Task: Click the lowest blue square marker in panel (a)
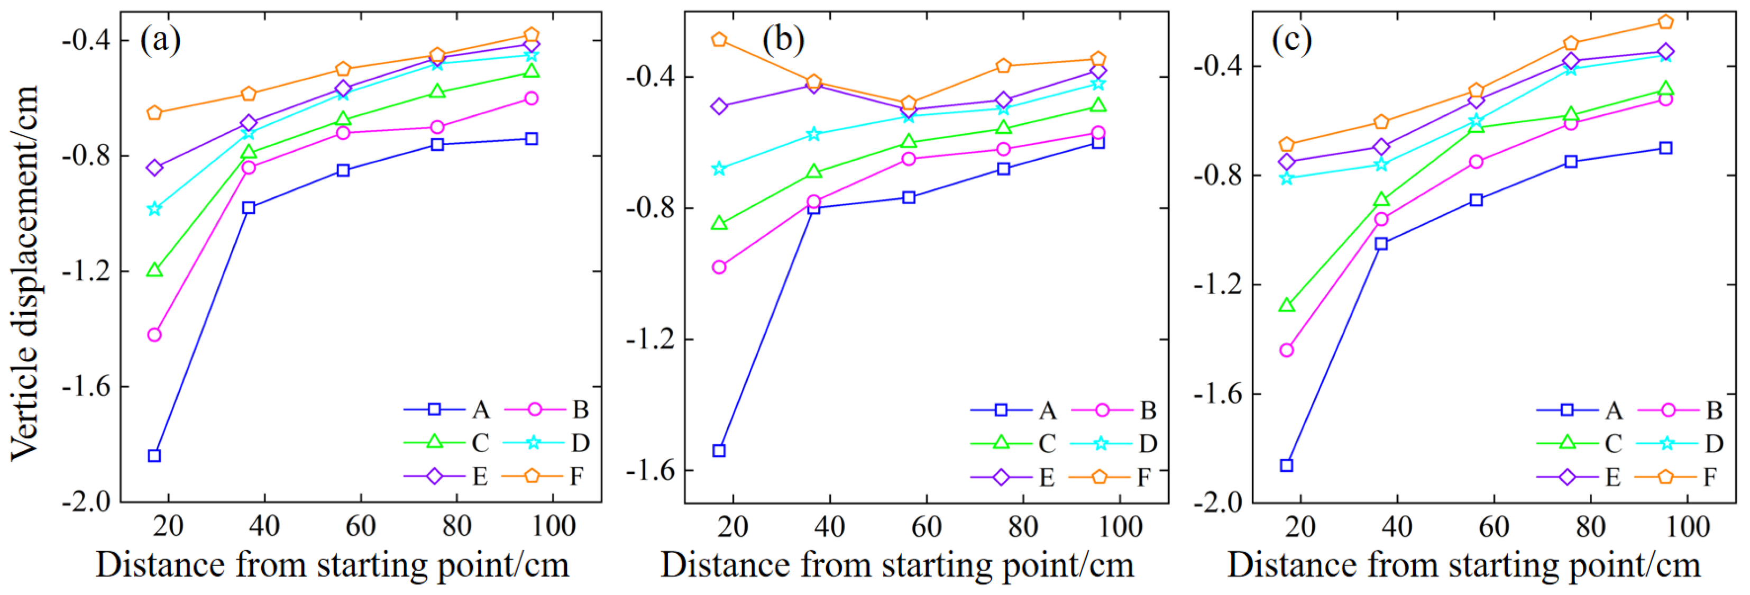pyautogui.click(x=154, y=456)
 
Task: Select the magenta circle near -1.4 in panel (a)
pyautogui.click(x=154, y=335)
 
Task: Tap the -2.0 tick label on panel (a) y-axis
pyautogui.click(x=86, y=502)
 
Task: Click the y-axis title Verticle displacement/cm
pyautogui.click(x=24, y=272)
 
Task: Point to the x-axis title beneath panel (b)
pyautogui.click(x=897, y=565)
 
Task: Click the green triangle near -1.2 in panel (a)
pyautogui.click(x=154, y=270)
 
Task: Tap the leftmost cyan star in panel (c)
pyautogui.click(x=1287, y=179)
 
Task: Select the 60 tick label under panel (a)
pyautogui.click(x=360, y=526)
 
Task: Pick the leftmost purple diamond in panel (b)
pyautogui.click(x=719, y=107)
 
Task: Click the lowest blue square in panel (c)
pyautogui.click(x=1287, y=465)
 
